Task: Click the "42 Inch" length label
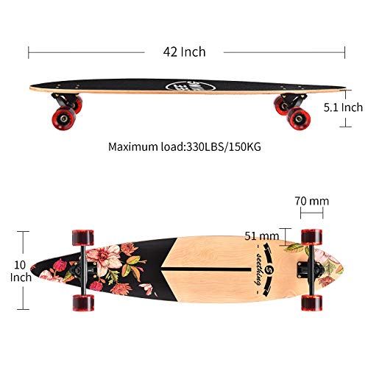point(185,52)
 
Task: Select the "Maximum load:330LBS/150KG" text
point(185,146)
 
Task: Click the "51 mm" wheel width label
point(262,236)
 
